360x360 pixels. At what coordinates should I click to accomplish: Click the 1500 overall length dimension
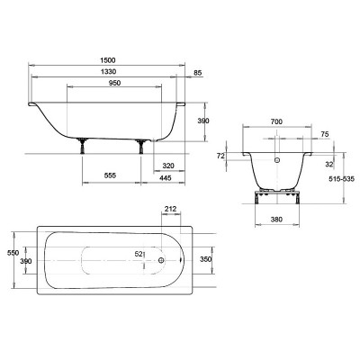pyautogui.click(x=108, y=60)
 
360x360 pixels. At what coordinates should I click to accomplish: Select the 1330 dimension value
pyautogui.click(x=108, y=72)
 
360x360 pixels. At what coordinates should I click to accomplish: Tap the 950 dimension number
pyautogui.click(x=114, y=83)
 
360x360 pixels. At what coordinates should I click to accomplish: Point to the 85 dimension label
pyautogui.click(x=198, y=73)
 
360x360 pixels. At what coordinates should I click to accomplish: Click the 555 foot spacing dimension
pyautogui.click(x=110, y=175)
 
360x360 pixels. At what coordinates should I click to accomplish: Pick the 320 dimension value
pyautogui.click(x=168, y=166)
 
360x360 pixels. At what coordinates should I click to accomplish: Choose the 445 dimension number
pyautogui.click(x=166, y=178)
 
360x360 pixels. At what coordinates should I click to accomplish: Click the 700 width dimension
pyautogui.click(x=276, y=121)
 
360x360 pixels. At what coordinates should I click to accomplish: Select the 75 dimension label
pyautogui.click(x=325, y=134)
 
